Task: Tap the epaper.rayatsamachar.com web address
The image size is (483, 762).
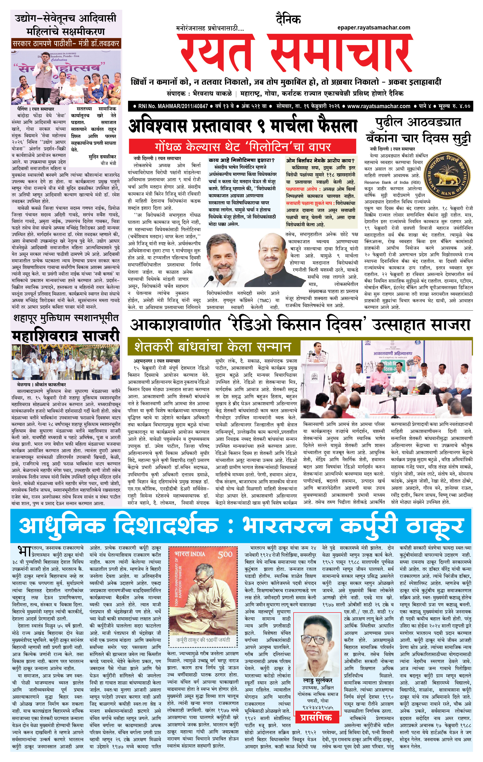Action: coord(373,28)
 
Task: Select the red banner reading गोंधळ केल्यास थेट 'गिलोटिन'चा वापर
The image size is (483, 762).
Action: coord(242,147)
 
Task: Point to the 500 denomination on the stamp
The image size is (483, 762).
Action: coord(225,554)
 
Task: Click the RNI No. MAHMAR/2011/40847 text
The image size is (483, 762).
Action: coord(173,106)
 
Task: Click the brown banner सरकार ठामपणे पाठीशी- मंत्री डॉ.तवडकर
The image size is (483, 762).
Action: coord(66,43)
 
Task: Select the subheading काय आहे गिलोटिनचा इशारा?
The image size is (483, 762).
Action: coord(241,160)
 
